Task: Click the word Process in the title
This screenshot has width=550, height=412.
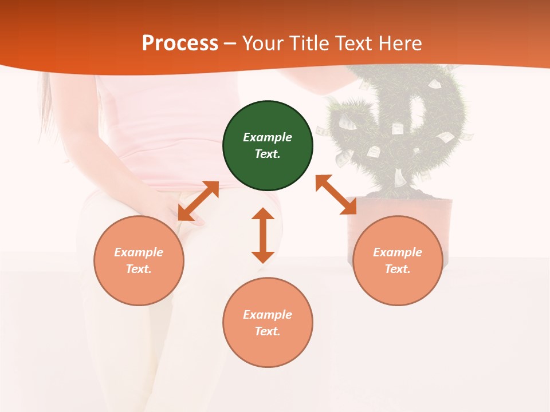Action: coord(179,43)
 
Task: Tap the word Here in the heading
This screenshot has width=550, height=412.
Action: coord(399,43)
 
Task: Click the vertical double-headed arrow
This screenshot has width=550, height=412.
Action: coord(263,235)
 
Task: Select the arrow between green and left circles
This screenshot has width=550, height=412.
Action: coord(198,201)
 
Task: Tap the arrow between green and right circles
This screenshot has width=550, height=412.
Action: coord(336,195)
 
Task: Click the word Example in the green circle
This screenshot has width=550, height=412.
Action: coord(268,137)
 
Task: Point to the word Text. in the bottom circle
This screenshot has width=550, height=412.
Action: coord(268,331)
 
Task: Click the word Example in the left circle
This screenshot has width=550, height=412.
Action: coord(139,252)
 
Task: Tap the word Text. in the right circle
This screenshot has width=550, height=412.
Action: coord(398,269)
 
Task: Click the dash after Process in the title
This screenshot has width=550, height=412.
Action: coord(230,43)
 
